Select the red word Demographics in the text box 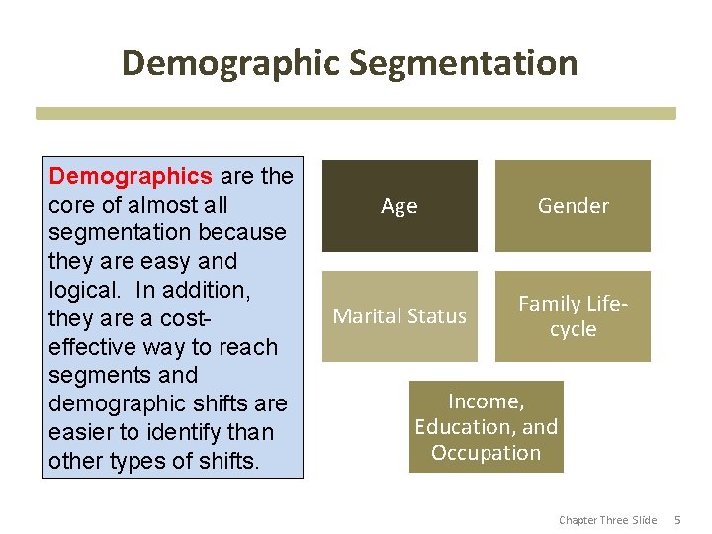click(x=131, y=176)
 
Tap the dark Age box click(x=400, y=206)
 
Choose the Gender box click(x=573, y=206)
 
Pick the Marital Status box click(x=400, y=316)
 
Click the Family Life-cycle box click(x=573, y=316)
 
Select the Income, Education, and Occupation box click(x=486, y=427)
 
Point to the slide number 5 click(x=678, y=520)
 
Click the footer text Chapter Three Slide click(x=607, y=520)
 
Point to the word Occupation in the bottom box click(x=486, y=453)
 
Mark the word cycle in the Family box click(x=573, y=329)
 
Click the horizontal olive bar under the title click(x=356, y=114)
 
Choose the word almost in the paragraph click(x=162, y=205)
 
